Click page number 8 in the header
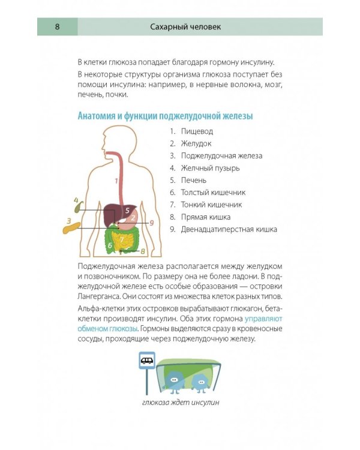(x=56, y=26)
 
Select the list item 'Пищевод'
(x=197, y=131)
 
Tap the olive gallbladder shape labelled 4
(x=77, y=206)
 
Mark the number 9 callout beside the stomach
(x=152, y=223)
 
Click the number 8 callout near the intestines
(x=143, y=250)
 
